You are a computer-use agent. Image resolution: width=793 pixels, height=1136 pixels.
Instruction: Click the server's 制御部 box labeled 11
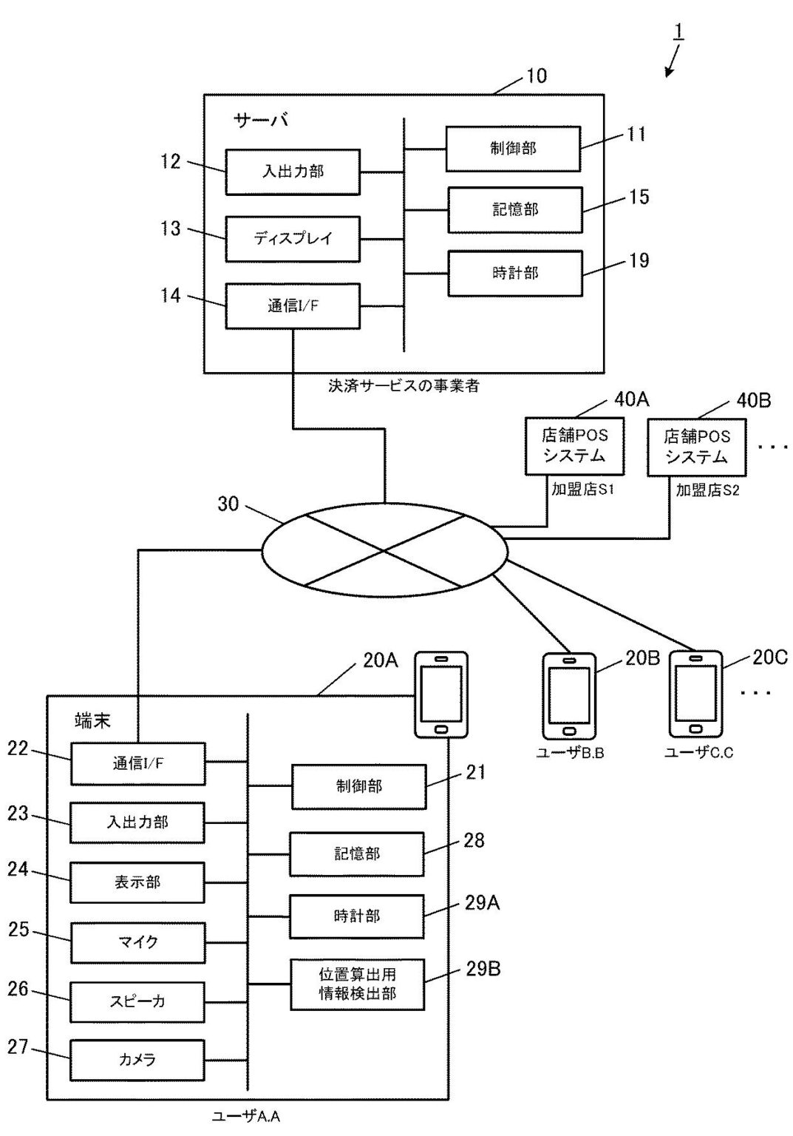click(513, 149)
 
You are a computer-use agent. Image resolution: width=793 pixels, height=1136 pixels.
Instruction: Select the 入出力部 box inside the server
click(293, 172)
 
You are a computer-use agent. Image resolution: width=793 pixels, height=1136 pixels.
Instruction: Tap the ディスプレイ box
click(293, 238)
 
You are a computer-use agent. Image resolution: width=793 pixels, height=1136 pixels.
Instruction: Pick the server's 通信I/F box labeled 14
click(293, 305)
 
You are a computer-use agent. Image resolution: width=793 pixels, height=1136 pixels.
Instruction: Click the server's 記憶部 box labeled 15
click(515, 210)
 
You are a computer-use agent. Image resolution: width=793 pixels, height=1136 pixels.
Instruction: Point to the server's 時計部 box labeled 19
click(515, 274)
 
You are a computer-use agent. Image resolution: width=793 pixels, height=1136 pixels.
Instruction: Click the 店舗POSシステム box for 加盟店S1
click(574, 446)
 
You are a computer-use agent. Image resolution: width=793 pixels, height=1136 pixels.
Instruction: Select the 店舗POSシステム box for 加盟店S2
click(696, 447)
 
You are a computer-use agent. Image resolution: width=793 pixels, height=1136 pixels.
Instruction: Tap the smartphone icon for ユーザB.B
click(569, 695)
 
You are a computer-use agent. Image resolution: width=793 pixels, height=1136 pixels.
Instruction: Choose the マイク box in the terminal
click(137, 942)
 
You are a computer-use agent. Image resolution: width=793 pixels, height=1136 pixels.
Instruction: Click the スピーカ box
click(137, 1001)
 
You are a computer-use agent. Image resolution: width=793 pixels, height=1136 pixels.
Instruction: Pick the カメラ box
click(137, 1060)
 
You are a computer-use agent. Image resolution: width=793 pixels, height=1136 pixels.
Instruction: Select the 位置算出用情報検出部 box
click(357, 984)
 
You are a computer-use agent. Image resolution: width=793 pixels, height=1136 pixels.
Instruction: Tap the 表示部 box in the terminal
click(137, 882)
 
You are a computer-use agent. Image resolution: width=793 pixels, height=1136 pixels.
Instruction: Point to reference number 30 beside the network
click(228, 504)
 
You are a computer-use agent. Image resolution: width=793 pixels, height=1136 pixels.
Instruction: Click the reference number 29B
click(483, 969)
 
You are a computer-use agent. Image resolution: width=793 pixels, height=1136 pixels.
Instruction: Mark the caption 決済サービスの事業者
click(404, 385)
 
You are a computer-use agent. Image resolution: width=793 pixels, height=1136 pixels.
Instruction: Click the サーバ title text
click(261, 120)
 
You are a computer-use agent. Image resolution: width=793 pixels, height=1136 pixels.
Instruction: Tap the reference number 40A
click(631, 400)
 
